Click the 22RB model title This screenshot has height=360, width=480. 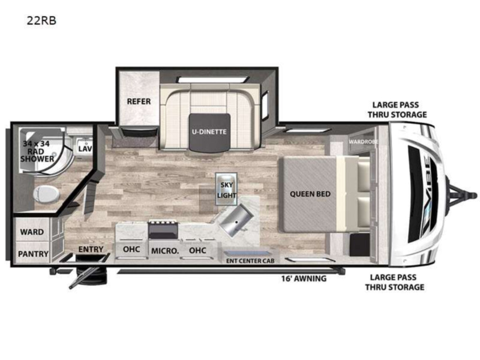41,21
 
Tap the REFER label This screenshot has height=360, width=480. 139,101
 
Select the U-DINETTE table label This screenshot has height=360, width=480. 210,132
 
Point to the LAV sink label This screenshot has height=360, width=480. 85,149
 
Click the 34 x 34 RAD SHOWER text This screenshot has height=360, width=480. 37,151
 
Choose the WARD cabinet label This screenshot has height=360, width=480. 32,232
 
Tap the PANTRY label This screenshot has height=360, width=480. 33,254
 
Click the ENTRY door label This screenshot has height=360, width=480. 90,249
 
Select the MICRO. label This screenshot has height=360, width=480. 165,251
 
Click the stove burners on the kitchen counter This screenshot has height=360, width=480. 163,223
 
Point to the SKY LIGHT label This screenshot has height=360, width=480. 226,190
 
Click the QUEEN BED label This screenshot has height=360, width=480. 310,194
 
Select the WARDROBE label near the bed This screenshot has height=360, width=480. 363,142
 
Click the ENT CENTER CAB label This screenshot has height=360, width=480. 250,261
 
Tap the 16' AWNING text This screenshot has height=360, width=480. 304,278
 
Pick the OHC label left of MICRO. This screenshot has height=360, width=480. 131,249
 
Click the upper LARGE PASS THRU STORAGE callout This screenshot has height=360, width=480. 397,110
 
